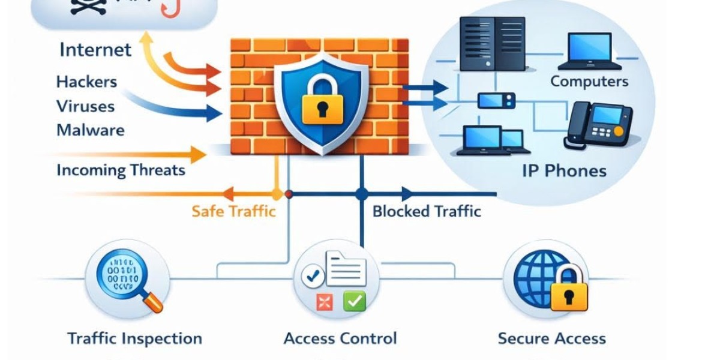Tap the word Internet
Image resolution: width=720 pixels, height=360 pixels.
pyautogui.click(x=95, y=49)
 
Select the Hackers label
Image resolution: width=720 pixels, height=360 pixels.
pyautogui.click(x=86, y=82)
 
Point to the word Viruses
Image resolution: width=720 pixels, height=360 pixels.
pyautogui.click(x=85, y=106)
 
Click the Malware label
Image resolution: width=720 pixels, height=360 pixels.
pyautogui.click(x=90, y=130)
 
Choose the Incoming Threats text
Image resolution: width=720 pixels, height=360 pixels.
pyautogui.click(x=121, y=170)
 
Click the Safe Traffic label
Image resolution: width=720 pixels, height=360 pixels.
pyautogui.click(x=233, y=211)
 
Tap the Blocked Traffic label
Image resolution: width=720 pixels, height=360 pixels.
pyautogui.click(x=427, y=211)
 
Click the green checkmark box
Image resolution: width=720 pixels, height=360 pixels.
pyautogui.click(x=354, y=301)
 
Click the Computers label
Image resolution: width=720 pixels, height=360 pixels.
pyautogui.click(x=589, y=82)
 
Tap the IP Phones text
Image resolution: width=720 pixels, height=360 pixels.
pyautogui.click(x=564, y=171)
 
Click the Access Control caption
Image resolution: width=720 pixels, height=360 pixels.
pyautogui.click(x=340, y=338)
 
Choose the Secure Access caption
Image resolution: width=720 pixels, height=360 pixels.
pyautogui.click(x=551, y=338)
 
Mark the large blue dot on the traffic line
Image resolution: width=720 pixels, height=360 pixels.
pyautogui.click(x=361, y=194)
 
